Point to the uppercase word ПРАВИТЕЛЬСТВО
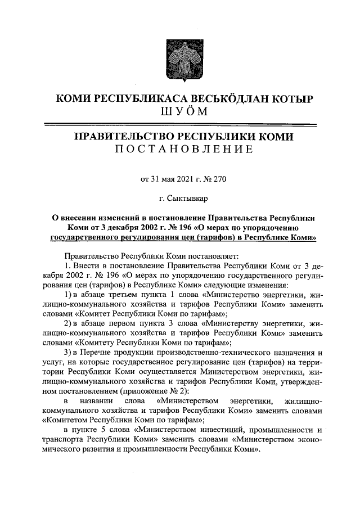pyautogui.click(x=124, y=136)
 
